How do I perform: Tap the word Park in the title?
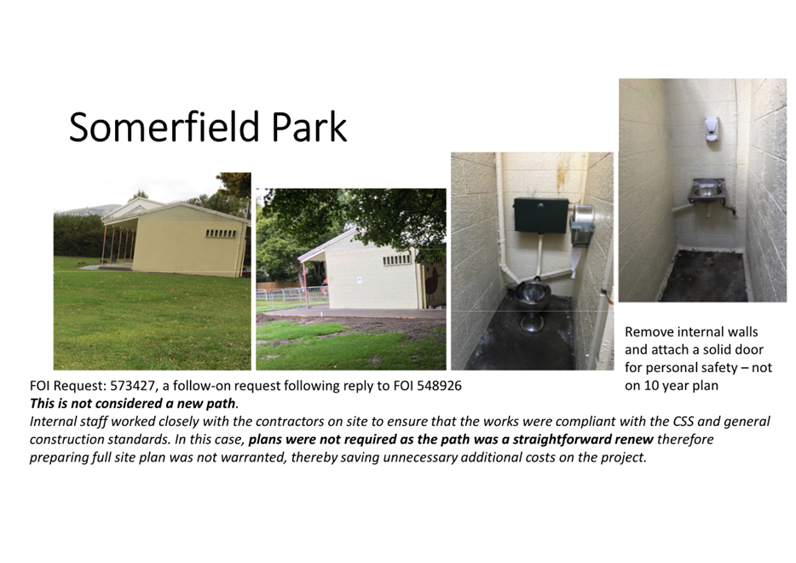pos(309,126)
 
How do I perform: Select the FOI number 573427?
pos(132,386)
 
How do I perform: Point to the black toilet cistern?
pos(540,215)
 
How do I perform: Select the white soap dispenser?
pos(712,129)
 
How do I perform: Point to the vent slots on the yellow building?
pos(222,233)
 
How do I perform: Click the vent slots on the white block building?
pos(396,260)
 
